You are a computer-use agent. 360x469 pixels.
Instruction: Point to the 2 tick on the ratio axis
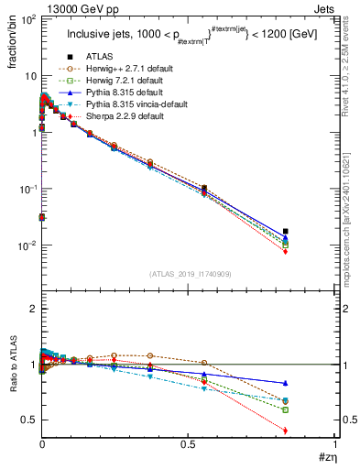pos(29,310)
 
